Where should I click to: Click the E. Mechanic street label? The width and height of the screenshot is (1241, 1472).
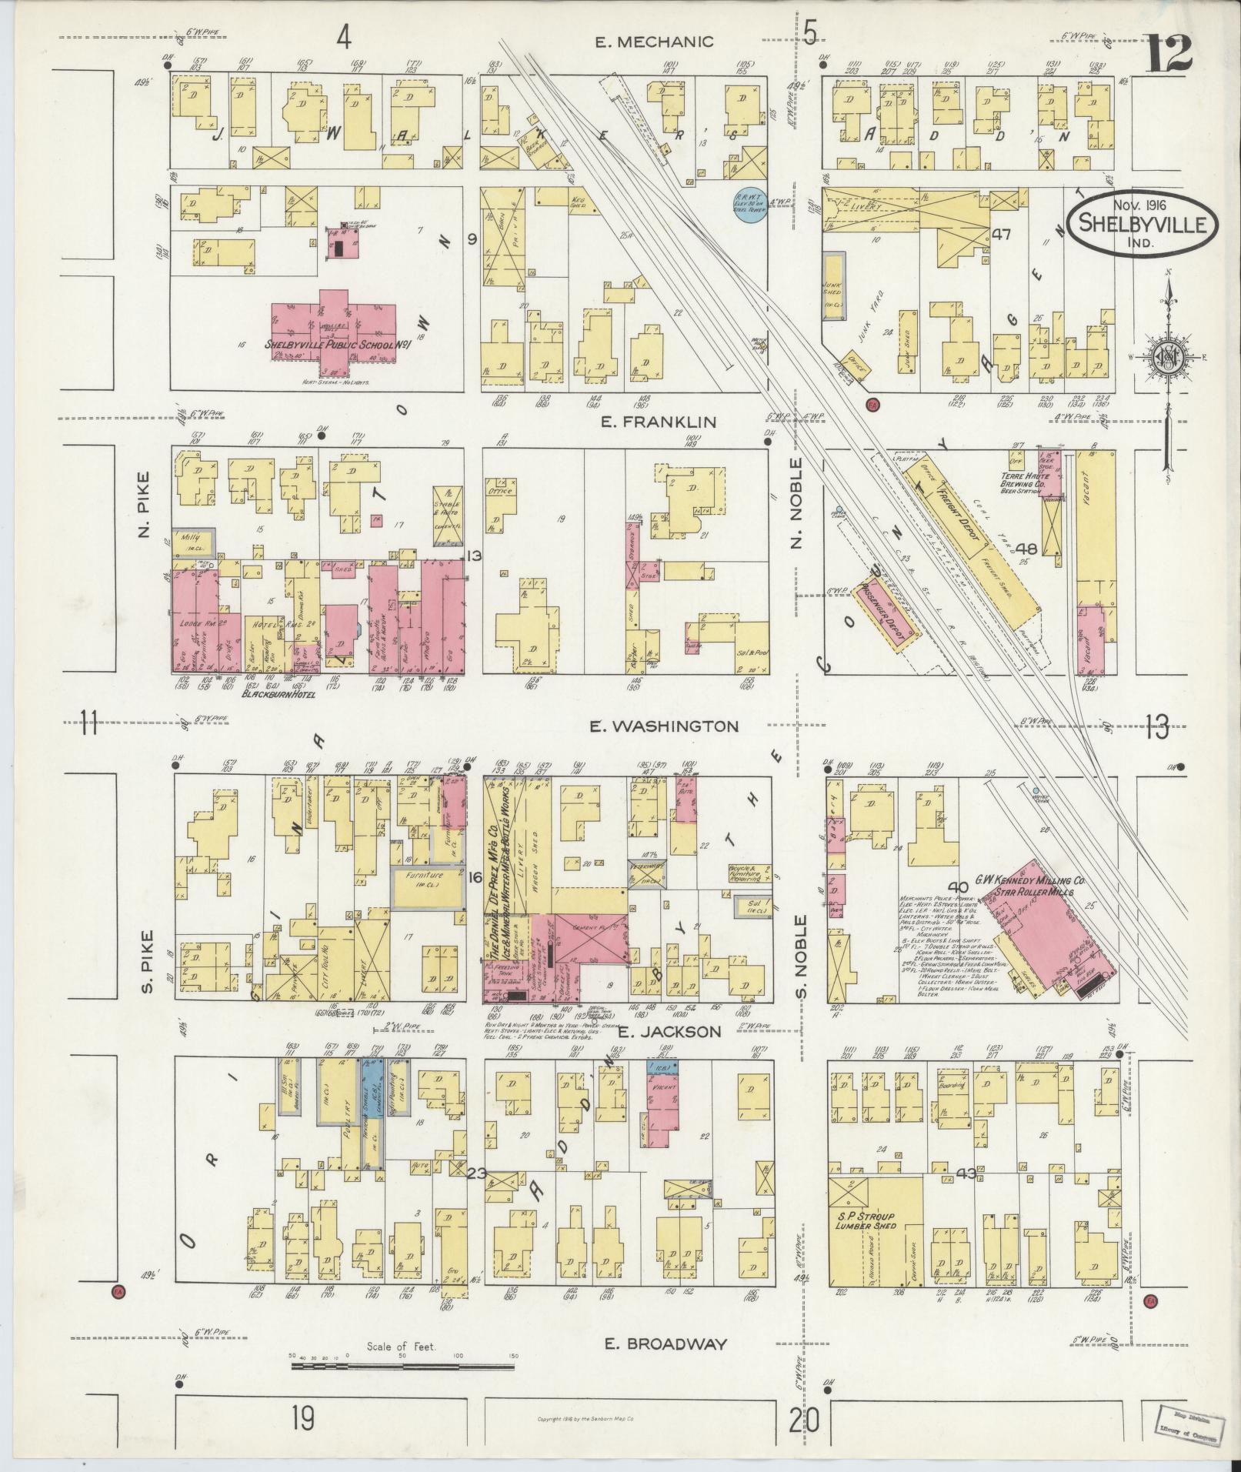655,42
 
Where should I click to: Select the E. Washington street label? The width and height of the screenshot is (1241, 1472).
663,726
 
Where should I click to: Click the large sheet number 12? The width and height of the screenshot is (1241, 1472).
1169,54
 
